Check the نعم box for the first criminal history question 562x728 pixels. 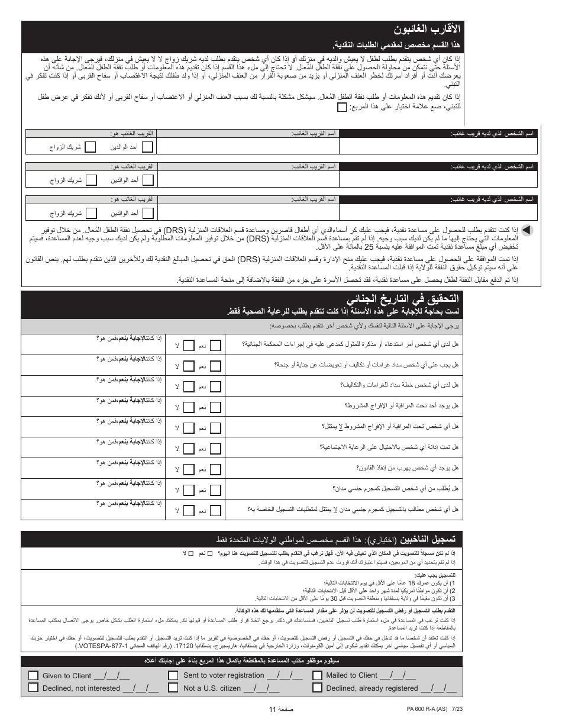217,344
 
